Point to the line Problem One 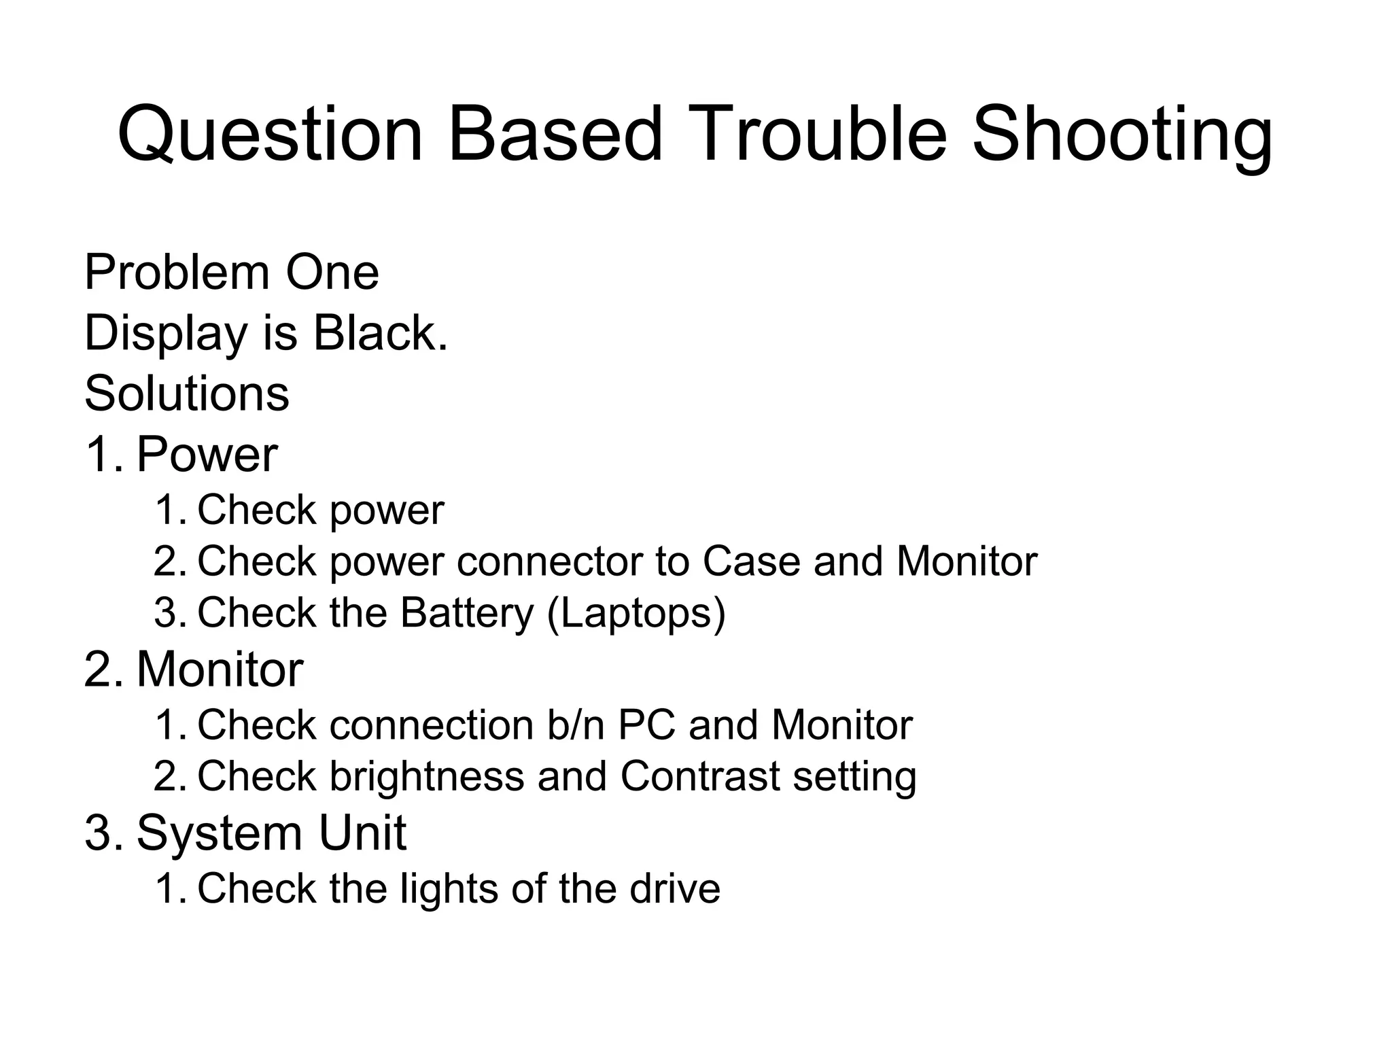click(231, 273)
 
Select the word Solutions click(187, 394)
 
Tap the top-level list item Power click(207, 455)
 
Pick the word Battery click(467, 612)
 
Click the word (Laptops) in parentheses click(636, 614)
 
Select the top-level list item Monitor click(220, 669)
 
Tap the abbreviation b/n click(575, 725)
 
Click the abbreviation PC click(646, 725)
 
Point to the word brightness click(427, 776)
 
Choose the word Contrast click(700, 776)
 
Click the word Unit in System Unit click(362, 833)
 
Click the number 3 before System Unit click(98, 833)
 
